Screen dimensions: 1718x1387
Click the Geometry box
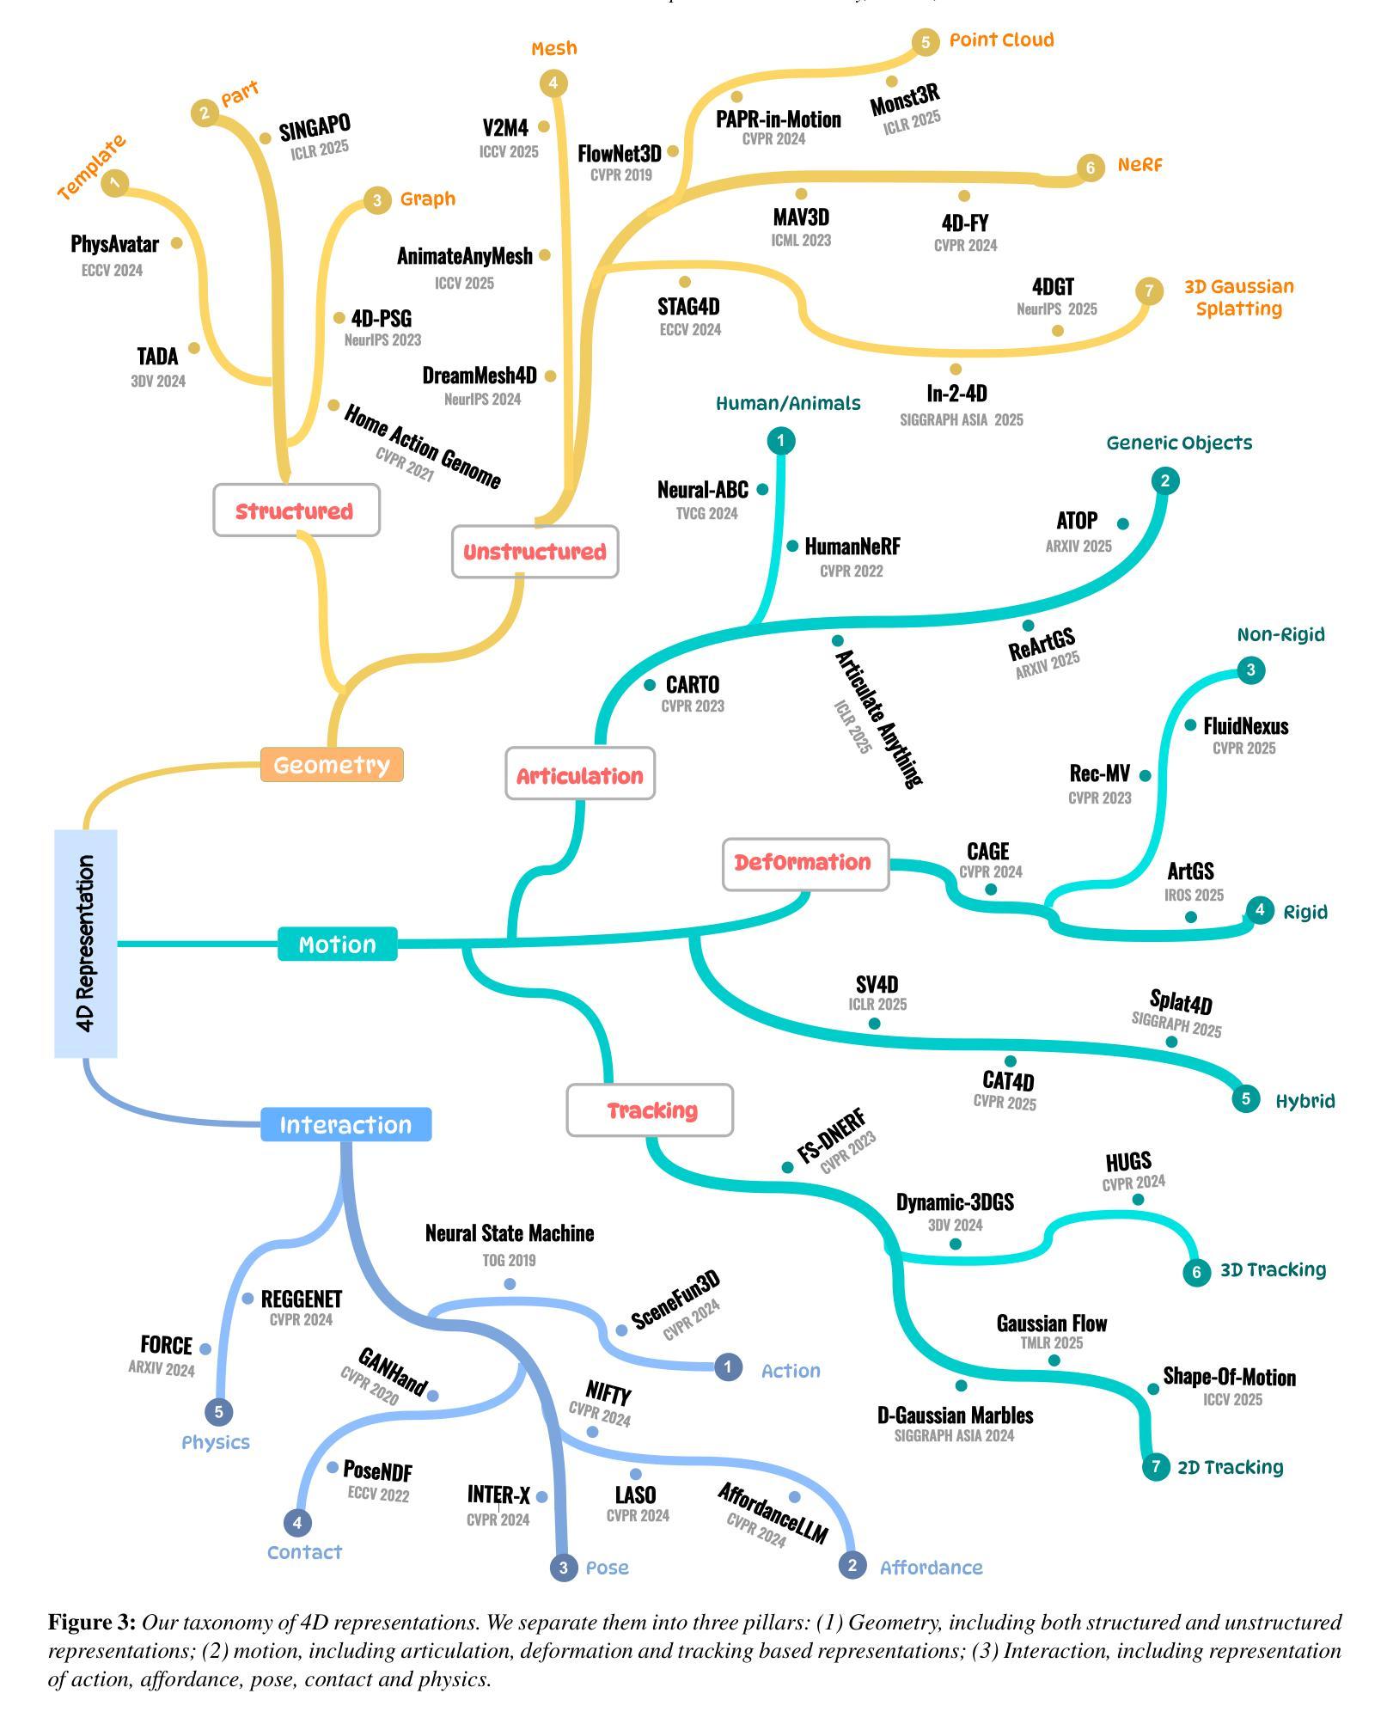332,765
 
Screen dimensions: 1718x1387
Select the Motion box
337,945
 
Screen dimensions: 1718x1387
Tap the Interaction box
345,1125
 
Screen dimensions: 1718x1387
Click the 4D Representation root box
85,943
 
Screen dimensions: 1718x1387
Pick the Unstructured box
535,552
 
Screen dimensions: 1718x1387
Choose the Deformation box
805,864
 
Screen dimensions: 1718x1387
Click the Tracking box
650,1110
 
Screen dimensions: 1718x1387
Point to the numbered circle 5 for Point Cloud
925,41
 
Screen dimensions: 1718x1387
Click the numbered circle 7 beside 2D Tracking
1156,1466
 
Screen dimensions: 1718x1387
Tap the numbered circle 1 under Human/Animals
780,441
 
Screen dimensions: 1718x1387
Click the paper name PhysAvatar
114,244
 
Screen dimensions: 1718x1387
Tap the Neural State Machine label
509,1233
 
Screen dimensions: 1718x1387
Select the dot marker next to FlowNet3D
673,151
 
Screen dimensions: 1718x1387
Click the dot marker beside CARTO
650,685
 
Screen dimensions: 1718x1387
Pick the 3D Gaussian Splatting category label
1238,297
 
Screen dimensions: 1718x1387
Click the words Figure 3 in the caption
91,1623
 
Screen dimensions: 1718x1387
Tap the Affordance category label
931,1568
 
